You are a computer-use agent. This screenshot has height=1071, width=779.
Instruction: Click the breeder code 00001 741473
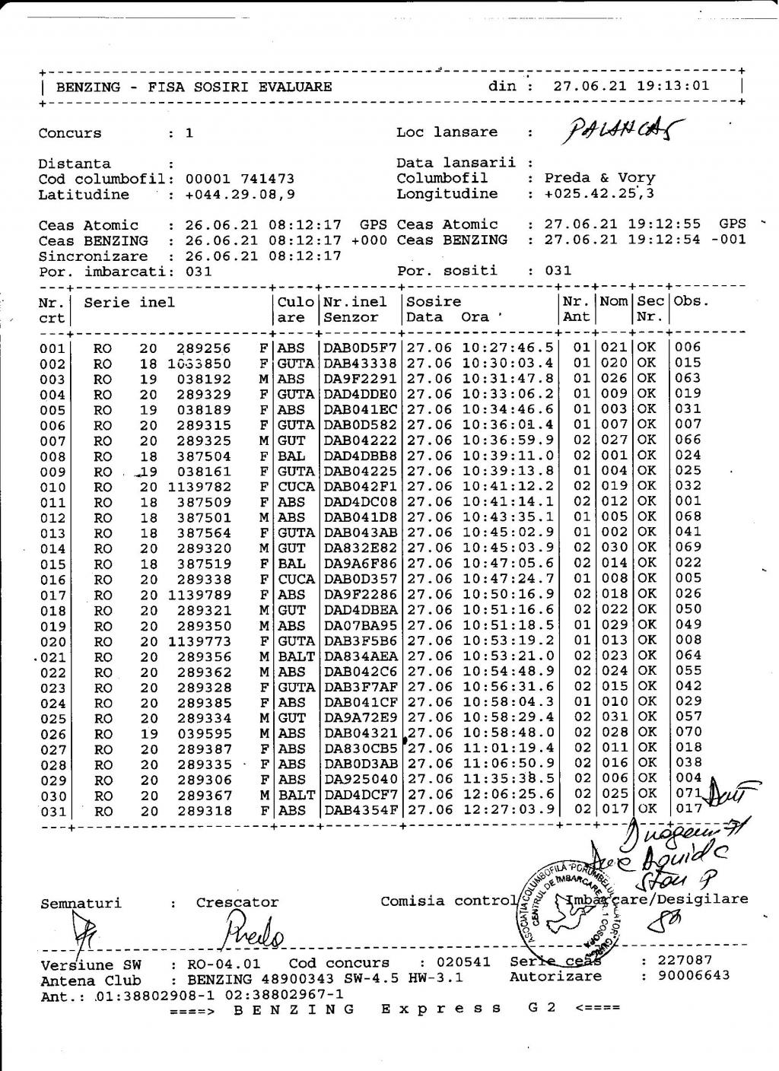[x=240, y=179]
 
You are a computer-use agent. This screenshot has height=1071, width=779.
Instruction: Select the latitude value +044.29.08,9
[x=240, y=195]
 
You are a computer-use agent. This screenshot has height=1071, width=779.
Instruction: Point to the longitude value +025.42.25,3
[x=599, y=194]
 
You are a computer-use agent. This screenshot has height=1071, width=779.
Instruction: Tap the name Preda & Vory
[x=599, y=178]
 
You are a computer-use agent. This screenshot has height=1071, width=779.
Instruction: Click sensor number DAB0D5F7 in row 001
[x=361, y=348]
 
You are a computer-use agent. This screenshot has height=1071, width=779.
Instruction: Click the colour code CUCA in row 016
[x=296, y=580]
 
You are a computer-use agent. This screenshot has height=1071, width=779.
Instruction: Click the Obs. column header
[x=691, y=301]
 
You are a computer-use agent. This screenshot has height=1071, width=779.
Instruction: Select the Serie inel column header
[x=129, y=302]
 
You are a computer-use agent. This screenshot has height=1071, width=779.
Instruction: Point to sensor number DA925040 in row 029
[x=361, y=780]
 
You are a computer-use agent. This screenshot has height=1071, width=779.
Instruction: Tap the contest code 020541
[x=465, y=962]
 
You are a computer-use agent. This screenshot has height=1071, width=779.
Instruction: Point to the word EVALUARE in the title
[x=295, y=87]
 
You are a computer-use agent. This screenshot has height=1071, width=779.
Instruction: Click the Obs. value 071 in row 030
[x=688, y=795]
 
